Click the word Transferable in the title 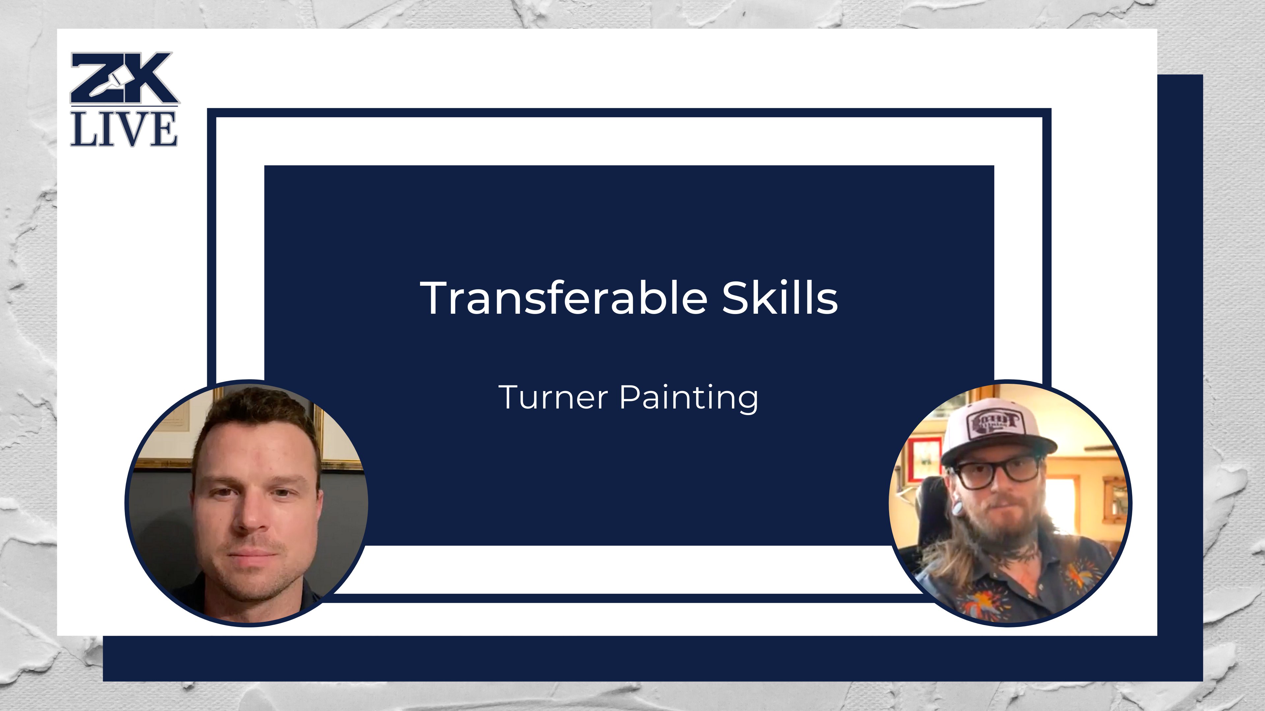tap(563, 298)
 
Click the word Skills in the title tap(779, 298)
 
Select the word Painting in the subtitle tap(689, 398)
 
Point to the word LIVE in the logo tap(124, 129)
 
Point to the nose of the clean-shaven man tap(252, 515)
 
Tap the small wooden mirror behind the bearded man tap(1114, 498)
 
